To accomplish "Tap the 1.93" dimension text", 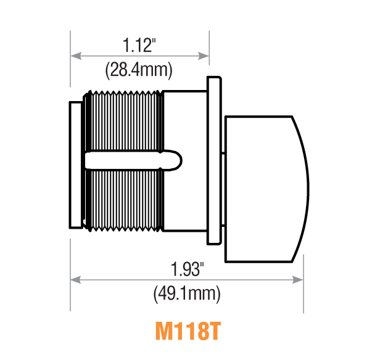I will pos(187,269).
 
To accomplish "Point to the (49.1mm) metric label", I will pos(187,294).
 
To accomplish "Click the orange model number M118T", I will pos(187,330).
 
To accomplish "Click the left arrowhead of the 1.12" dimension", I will pos(75,55).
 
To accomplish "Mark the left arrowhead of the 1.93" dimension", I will pos(75,280).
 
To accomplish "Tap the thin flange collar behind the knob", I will pos(213,160).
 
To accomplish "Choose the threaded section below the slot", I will pos(123,200).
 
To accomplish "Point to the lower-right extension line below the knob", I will pos(304,290).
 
